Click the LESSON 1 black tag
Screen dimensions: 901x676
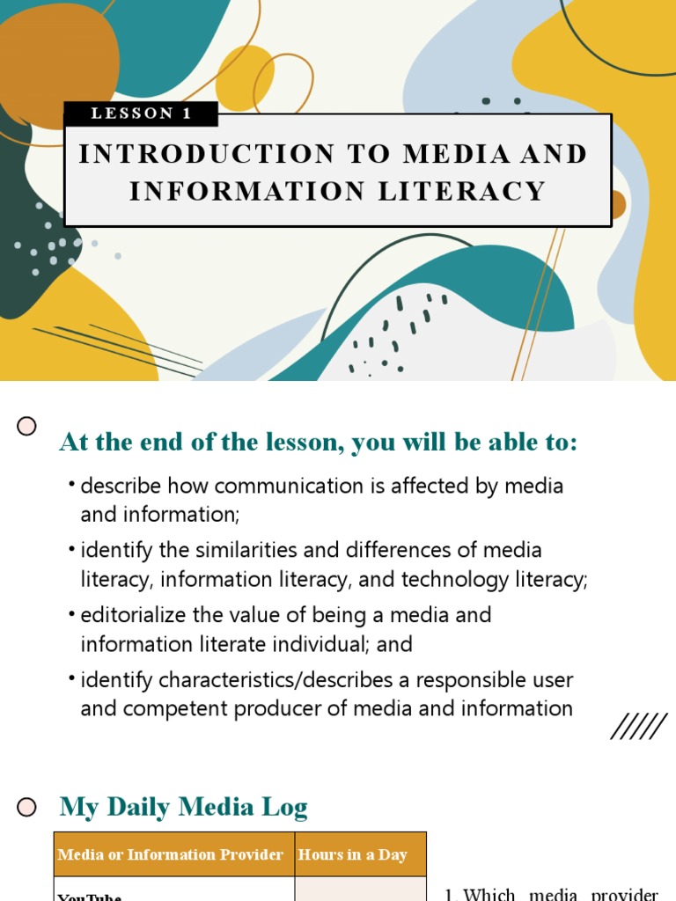(x=141, y=114)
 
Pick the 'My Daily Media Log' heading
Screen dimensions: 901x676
(x=183, y=807)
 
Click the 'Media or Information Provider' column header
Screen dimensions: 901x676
(x=170, y=854)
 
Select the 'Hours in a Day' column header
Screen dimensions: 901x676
(x=352, y=854)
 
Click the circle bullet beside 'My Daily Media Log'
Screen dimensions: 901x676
(x=27, y=807)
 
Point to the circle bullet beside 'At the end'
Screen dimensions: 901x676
(x=27, y=427)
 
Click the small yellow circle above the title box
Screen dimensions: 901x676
(x=245, y=77)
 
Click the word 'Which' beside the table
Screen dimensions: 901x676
(x=489, y=895)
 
